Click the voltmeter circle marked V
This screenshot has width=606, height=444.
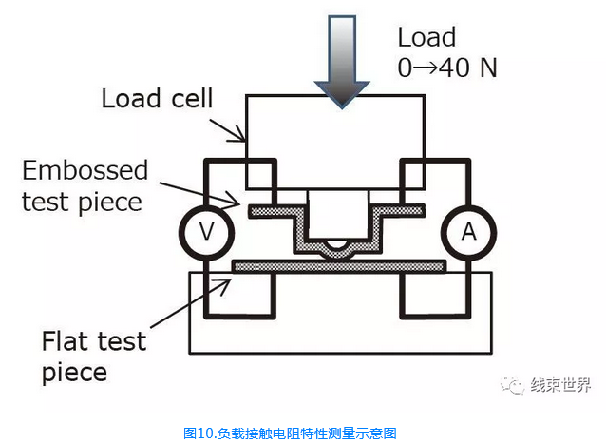(x=201, y=232)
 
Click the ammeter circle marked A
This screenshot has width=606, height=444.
(x=465, y=232)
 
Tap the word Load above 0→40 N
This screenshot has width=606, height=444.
(x=426, y=38)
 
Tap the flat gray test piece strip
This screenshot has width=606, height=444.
(x=339, y=265)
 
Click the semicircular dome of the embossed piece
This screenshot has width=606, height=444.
(x=338, y=250)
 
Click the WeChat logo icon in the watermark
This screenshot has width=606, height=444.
(x=515, y=385)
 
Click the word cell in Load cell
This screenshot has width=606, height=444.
(x=193, y=99)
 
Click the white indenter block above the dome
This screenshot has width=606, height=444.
(x=337, y=213)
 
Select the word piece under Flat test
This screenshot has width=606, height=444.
(x=76, y=372)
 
